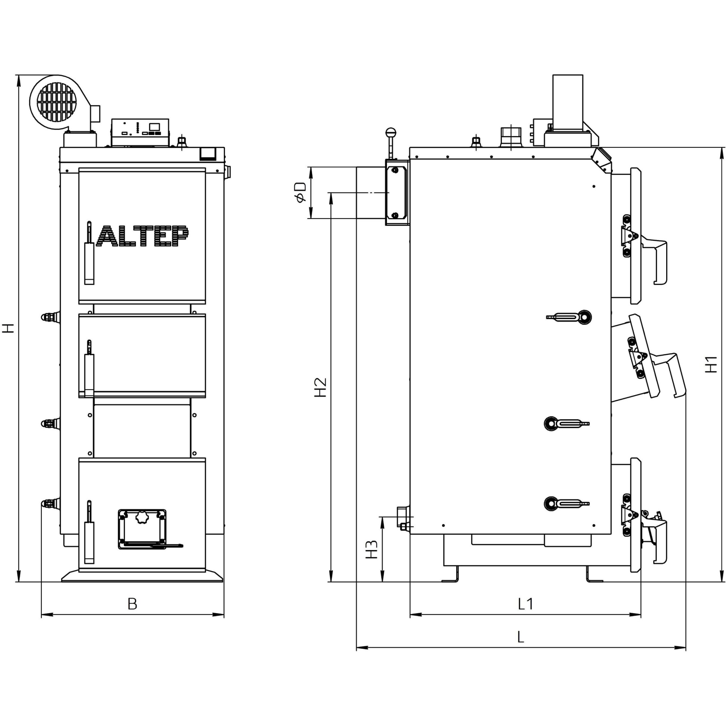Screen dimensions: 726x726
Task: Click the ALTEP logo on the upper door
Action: coord(142,236)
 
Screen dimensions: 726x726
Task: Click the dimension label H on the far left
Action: coord(8,328)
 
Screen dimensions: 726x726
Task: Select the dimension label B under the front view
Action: coord(132,603)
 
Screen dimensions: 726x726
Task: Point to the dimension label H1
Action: coord(711,364)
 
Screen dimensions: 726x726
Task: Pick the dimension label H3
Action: coord(372,549)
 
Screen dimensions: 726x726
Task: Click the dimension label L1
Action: coord(525,603)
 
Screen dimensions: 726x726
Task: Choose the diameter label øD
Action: coord(301,192)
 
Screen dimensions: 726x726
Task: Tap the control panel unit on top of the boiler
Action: coord(140,133)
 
